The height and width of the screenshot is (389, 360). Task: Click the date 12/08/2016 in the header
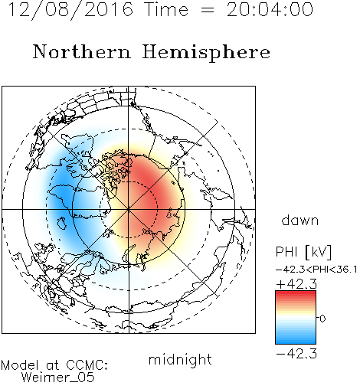tap(70, 10)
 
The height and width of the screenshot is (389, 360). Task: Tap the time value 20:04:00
tap(270, 10)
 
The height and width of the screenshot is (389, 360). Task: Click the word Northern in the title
tap(82, 51)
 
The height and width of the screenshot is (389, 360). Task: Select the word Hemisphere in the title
tap(206, 53)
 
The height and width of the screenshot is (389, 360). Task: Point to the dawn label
tap(300, 220)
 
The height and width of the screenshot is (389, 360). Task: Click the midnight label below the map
tap(180, 360)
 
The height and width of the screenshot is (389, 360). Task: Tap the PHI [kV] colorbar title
tap(303, 252)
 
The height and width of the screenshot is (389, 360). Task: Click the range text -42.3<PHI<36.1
tap(316, 270)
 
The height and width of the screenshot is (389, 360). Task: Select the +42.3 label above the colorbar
tap(296, 284)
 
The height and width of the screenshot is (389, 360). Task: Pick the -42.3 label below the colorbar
tap(296, 354)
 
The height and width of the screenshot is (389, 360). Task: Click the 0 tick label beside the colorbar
tap(322, 319)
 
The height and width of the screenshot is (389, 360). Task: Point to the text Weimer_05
tap(58, 378)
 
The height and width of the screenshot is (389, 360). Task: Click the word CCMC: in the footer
tap(87, 365)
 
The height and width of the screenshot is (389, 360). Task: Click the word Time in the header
tap(166, 10)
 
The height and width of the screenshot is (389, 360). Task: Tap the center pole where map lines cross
tap(129, 209)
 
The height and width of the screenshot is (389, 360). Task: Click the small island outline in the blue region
tap(62, 224)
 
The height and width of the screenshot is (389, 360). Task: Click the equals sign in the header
tap(208, 11)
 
